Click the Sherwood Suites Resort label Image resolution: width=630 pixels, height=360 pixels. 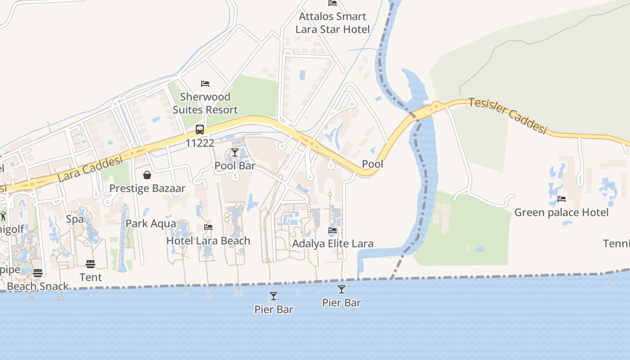coord(205,103)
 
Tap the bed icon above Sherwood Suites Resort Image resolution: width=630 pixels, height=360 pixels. coord(205,84)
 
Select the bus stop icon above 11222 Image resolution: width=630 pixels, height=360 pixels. coord(200,130)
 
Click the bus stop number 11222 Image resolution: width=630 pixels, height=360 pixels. coord(200,143)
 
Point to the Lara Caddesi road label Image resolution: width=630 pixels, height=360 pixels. coord(90,169)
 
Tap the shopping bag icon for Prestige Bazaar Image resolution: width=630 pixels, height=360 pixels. coord(147,175)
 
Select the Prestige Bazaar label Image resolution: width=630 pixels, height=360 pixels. coord(147,188)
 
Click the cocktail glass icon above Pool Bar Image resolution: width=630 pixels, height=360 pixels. coord(235,153)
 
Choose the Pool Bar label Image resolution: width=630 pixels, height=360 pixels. coord(235,166)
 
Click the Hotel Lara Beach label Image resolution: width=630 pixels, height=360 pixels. coord(208,241)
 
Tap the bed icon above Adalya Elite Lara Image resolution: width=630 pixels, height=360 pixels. coord(333,230)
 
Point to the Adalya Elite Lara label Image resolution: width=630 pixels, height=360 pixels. coord(333,243)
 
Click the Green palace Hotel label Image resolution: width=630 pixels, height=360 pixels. coord(561,212)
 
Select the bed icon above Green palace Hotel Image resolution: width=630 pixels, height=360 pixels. coord(562,199)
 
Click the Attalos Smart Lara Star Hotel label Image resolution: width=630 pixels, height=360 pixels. coord(333,23)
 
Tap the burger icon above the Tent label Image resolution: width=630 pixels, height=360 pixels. coord(90,264)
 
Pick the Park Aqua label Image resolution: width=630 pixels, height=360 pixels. coord(151,223)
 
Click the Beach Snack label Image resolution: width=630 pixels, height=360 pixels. coord(38,286)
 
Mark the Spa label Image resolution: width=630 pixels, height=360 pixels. coord(75,219)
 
